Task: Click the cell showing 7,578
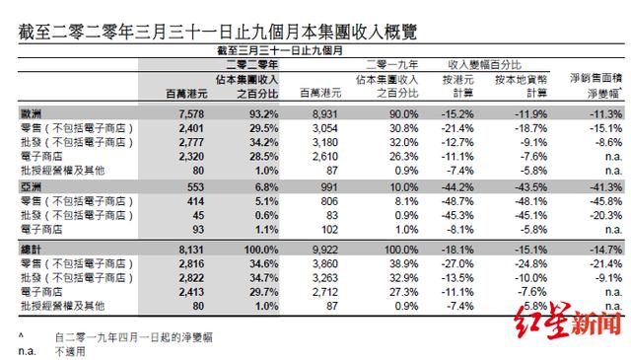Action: point(188,114)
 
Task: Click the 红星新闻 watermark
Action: point(566,324)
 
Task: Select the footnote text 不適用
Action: point(72,350)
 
